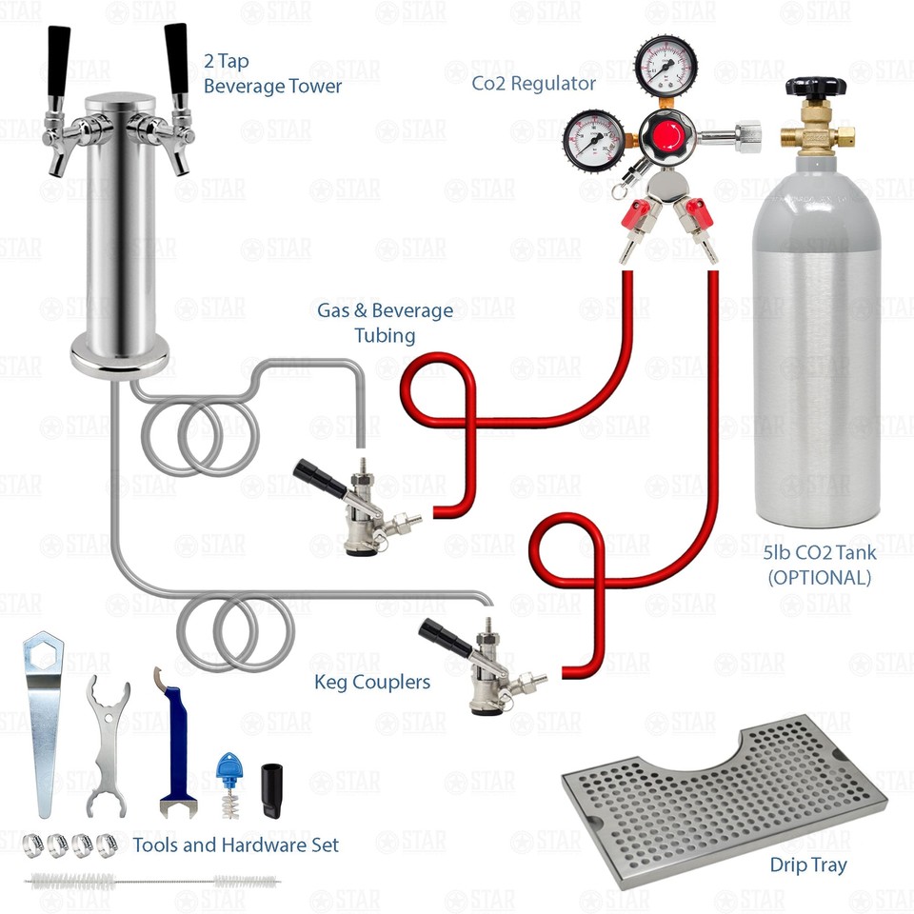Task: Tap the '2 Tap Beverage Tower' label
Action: (272, 74)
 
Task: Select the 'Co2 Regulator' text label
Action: (534, 84)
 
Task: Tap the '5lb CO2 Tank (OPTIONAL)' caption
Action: (819, 566)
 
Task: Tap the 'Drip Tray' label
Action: (808, 865)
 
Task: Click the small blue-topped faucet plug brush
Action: (228, 783)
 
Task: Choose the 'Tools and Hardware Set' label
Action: (235, 844)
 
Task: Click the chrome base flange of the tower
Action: (122, 361)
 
